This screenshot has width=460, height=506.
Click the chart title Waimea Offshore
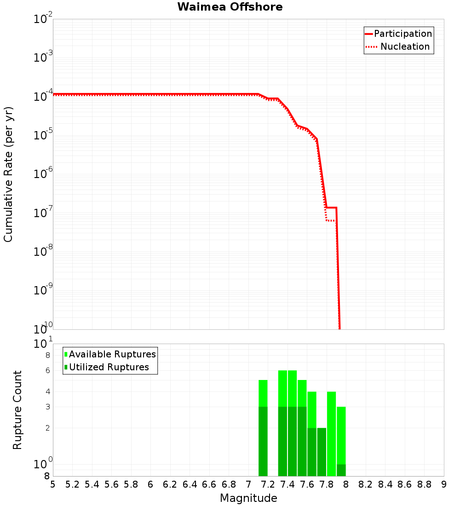(230, 7)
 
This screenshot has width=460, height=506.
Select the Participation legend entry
(402, 34)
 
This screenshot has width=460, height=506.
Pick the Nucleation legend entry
(405, 46)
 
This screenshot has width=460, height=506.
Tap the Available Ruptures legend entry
(112, 354)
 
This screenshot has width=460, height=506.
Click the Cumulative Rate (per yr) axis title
(8, 174)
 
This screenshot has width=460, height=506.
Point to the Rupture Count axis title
(17, 409)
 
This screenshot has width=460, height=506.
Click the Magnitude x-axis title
(248, 498)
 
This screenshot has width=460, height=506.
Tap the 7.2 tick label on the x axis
(268, 484)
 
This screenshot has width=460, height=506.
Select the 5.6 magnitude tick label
(111, 484)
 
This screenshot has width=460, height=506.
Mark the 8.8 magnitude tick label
(424, 484)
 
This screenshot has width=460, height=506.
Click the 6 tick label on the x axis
(150, 484)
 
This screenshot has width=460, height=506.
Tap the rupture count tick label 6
(47, 371)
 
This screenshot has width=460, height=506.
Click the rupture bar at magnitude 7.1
(263, 428)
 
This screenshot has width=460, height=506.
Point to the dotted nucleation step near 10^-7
(330, 220)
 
